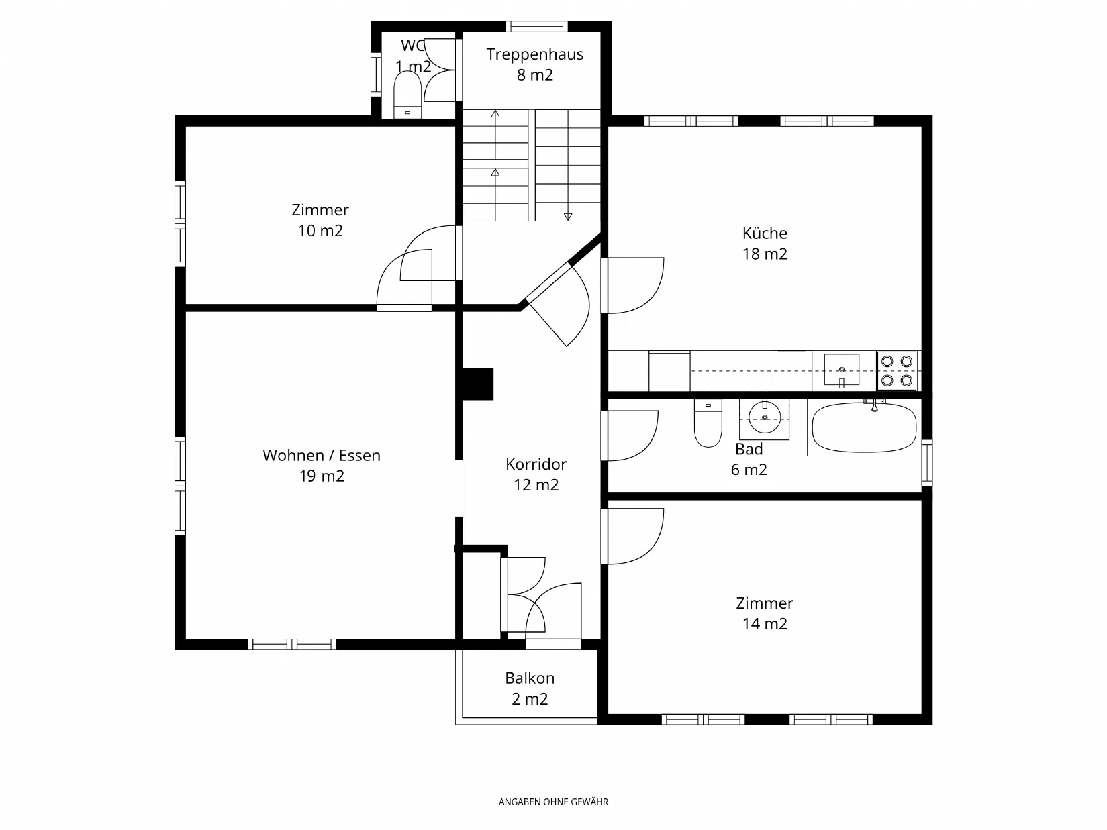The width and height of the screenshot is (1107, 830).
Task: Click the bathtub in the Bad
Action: coord(865,427)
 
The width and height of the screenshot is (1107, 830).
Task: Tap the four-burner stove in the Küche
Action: coord(897,371)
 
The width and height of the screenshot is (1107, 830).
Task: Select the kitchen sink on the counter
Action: coord(842,370)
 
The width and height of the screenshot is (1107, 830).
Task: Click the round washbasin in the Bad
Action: coord(765,418)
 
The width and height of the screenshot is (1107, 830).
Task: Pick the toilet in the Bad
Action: coord(708,423)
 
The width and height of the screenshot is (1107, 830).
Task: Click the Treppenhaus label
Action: coord(535,54)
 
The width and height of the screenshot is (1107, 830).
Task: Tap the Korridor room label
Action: coord(536,464)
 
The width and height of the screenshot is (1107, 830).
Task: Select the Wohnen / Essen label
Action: coord(322,456)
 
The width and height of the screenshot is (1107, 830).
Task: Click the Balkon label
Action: coord(530,678)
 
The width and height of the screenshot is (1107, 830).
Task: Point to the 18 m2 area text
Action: coord(765,254)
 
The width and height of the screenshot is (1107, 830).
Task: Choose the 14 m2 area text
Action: coord(765,624)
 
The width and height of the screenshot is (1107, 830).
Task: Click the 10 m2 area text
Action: coord(320,231)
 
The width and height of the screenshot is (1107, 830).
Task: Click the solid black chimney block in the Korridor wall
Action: coord(477,384)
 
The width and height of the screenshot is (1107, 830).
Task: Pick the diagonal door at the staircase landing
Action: coord(557,305)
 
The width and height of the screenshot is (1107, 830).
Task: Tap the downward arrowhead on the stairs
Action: coord(568,217)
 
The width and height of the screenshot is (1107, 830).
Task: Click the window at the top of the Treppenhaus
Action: coord(537,26)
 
